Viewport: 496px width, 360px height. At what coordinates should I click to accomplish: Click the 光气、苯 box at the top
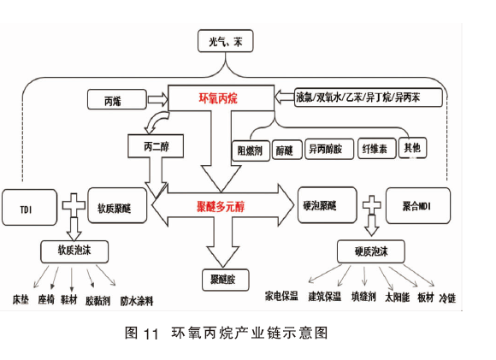225,41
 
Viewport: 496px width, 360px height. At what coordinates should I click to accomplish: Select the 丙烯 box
116,100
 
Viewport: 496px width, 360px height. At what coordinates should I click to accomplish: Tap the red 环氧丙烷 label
218,98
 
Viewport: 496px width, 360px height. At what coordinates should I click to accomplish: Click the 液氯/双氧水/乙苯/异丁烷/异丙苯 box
369,97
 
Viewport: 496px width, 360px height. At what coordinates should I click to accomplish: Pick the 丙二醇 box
156,146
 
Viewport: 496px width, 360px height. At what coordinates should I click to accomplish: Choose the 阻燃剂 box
251,150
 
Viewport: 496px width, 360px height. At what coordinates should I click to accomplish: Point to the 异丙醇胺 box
329,149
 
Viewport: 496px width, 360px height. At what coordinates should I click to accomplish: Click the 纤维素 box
377,149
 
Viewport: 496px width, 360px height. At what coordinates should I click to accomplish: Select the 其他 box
412,147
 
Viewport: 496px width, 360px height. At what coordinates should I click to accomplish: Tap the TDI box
29,208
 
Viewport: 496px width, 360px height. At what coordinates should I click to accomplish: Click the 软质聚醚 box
117,205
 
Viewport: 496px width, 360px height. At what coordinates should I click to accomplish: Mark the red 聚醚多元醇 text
221,207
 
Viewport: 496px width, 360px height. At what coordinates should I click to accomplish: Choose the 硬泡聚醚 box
328,205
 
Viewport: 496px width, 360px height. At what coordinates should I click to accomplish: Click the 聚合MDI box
418,205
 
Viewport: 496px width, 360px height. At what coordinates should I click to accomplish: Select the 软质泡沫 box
74,251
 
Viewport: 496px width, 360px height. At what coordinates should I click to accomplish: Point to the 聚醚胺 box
225,280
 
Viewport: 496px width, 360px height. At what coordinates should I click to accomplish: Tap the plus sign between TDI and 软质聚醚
74,205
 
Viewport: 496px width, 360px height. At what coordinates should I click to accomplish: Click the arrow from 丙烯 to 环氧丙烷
158,100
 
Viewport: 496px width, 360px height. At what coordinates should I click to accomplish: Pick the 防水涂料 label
137,301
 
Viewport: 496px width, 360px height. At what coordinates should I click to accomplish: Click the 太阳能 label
398,298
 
